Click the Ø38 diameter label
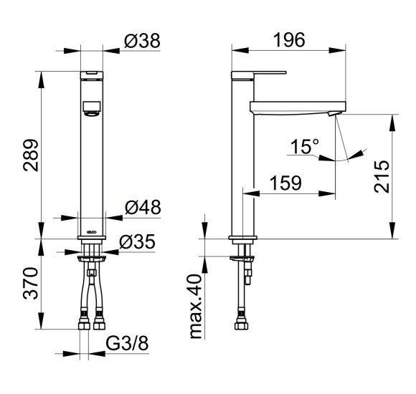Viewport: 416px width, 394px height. (x=142, y=41)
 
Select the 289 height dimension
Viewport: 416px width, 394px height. (x=31, y=155)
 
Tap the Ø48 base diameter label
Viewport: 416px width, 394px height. (x=143, y=207)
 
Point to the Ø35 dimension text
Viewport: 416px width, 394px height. (x=137, y=241)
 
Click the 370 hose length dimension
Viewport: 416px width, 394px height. (x=31, y=284)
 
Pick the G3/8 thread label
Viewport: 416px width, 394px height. (x=128, y=343)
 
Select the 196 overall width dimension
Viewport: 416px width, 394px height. (x=289, y=40)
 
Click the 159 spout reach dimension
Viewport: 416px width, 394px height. (x=285, y=183)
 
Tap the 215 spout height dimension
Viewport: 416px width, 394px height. (x=382, y=176)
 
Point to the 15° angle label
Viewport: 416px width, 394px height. (x=305, y=146)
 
